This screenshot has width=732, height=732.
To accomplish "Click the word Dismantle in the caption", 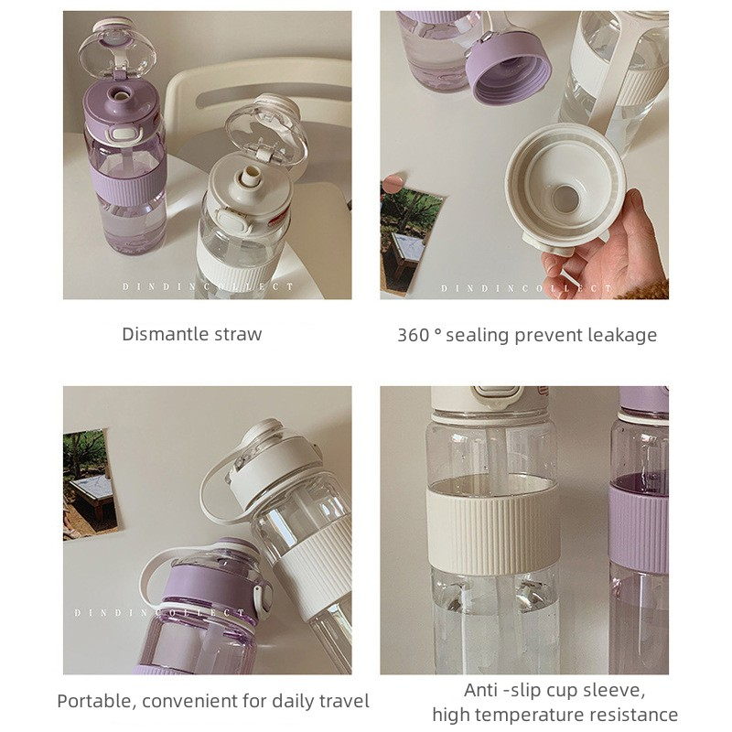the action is pos(165,334).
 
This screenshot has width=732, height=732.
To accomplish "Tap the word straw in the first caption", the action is pos(238,335).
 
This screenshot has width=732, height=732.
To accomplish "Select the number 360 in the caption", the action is pos(414,335).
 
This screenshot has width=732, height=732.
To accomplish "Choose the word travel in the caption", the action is pos(344,701).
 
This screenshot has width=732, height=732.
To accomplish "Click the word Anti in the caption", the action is pos(480,690).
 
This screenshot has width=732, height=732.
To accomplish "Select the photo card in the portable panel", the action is pos(91,484).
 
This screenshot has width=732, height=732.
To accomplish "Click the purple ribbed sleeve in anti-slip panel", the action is pos(638,530).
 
